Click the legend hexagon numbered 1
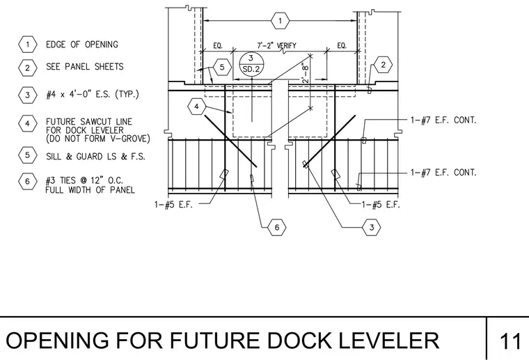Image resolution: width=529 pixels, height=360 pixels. coord(28,45)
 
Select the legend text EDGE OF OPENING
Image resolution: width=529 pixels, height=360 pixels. coord(82,45)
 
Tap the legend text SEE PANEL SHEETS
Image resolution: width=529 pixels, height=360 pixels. coord(85,66)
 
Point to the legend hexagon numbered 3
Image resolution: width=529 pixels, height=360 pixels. coord(28,95)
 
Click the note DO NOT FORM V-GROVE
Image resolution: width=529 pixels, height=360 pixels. coord(98,139)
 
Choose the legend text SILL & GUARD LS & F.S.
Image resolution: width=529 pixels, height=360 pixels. coord(95,157)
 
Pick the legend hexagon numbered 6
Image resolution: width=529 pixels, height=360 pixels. coord(28,182)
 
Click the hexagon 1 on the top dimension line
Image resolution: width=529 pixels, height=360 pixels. coord(280,21)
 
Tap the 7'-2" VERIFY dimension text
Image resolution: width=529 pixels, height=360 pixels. coord(276,45)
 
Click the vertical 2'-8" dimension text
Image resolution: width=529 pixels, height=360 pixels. coord(305,73)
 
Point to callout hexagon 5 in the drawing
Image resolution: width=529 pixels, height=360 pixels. coord(222,67)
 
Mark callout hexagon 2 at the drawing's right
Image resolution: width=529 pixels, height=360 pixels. coord(383,65)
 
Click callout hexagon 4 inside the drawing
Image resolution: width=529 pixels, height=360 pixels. coord(197,107)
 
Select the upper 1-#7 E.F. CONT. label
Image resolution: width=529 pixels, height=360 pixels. coord(443,120)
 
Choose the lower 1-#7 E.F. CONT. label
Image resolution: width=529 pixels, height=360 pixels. coord(443,173)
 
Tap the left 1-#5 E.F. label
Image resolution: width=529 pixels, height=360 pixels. coord(173,205)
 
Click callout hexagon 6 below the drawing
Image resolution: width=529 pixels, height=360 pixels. coord(276,228)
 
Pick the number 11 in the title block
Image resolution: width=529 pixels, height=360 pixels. coord(510,341)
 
